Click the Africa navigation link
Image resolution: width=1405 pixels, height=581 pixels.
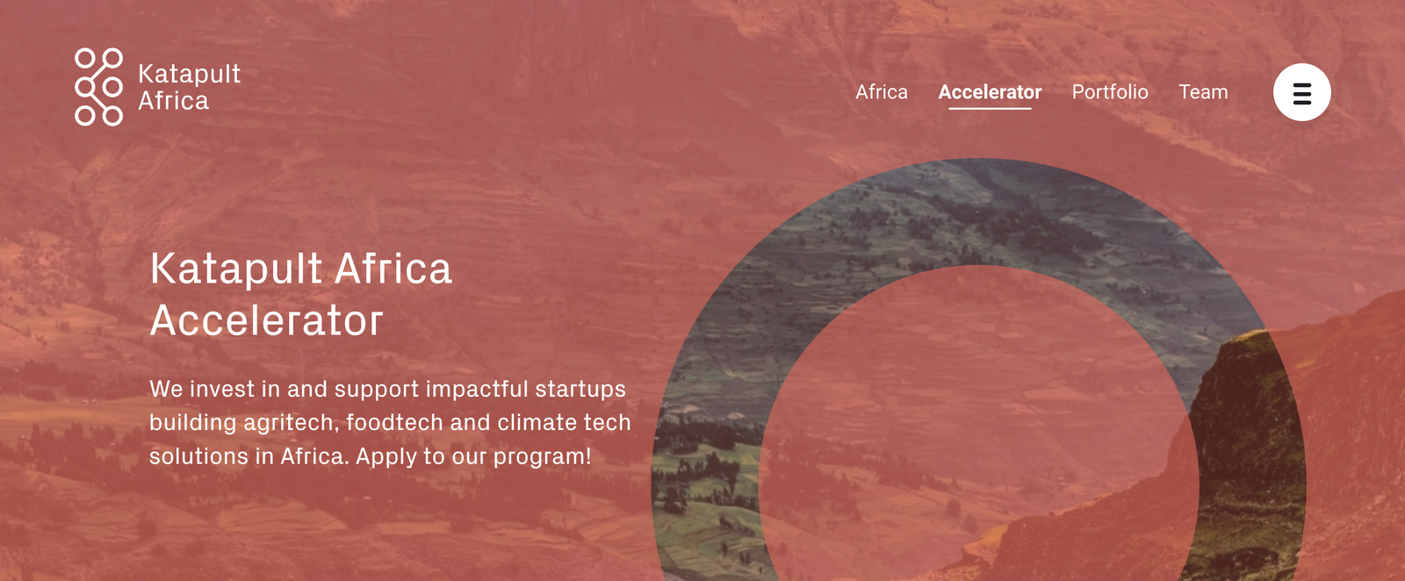click(882, 92)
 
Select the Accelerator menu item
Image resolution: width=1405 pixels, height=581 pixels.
click(990, 92)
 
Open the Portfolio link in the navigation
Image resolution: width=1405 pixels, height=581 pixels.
click(1110, 92)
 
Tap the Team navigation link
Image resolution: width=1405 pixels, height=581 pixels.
click(1203, 92)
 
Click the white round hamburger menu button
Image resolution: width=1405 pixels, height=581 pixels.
click(1301, 92)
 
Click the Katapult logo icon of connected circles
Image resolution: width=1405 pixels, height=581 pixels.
click(98, 87)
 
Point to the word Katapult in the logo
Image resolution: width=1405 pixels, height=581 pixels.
click(189, 74)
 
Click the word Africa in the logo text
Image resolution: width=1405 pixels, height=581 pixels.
click(173, 101)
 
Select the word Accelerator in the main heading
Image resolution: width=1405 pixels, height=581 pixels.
click(267, 321)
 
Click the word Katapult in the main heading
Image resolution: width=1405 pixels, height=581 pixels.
click(236, 269)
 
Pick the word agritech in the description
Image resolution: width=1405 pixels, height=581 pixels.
click(291, 423)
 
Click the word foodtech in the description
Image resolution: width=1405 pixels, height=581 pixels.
click(394, 423)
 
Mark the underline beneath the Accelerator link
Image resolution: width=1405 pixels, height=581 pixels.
click(990, 108)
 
